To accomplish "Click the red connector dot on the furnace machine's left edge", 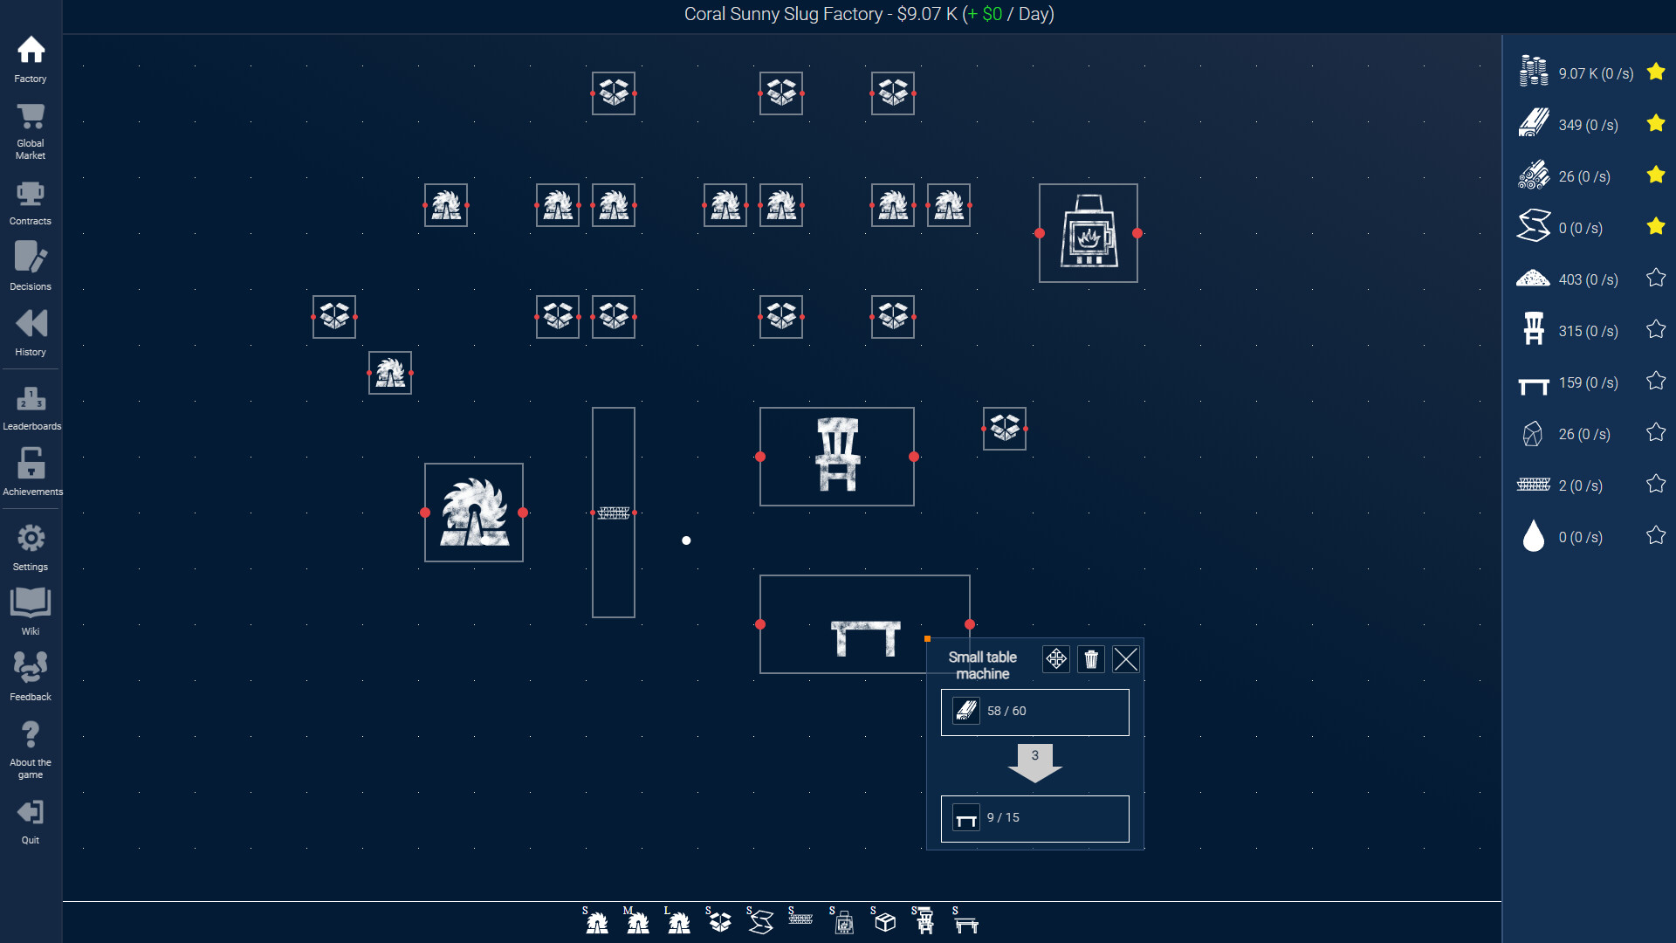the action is tap(1040, 233).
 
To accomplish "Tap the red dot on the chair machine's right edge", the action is tap(914, 457).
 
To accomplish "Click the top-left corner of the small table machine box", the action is tap(760, 575).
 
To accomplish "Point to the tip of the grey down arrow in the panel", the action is tap(1035, 781).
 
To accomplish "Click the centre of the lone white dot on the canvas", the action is tap(686, 540).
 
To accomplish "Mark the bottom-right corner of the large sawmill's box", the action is tap(523, 561).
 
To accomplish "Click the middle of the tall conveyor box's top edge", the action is tap(614, 408).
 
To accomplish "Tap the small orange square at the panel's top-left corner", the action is tap(927, 639).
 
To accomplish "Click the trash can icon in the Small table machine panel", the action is tap(1091, 659).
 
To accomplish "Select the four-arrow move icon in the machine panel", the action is tap(1056, 659).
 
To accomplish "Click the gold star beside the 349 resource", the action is tap(1656, 123).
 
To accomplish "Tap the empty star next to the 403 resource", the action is tap(1656, 278).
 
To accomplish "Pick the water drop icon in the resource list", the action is tap(1534, 536).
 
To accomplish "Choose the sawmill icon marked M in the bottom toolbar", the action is tap(637, 920).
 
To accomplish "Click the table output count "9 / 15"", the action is tap(1003, 817).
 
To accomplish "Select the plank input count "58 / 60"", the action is tap(1006, 711).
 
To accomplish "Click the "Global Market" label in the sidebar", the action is tap(31, 149).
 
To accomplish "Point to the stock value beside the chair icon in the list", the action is tap(1588, 331).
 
